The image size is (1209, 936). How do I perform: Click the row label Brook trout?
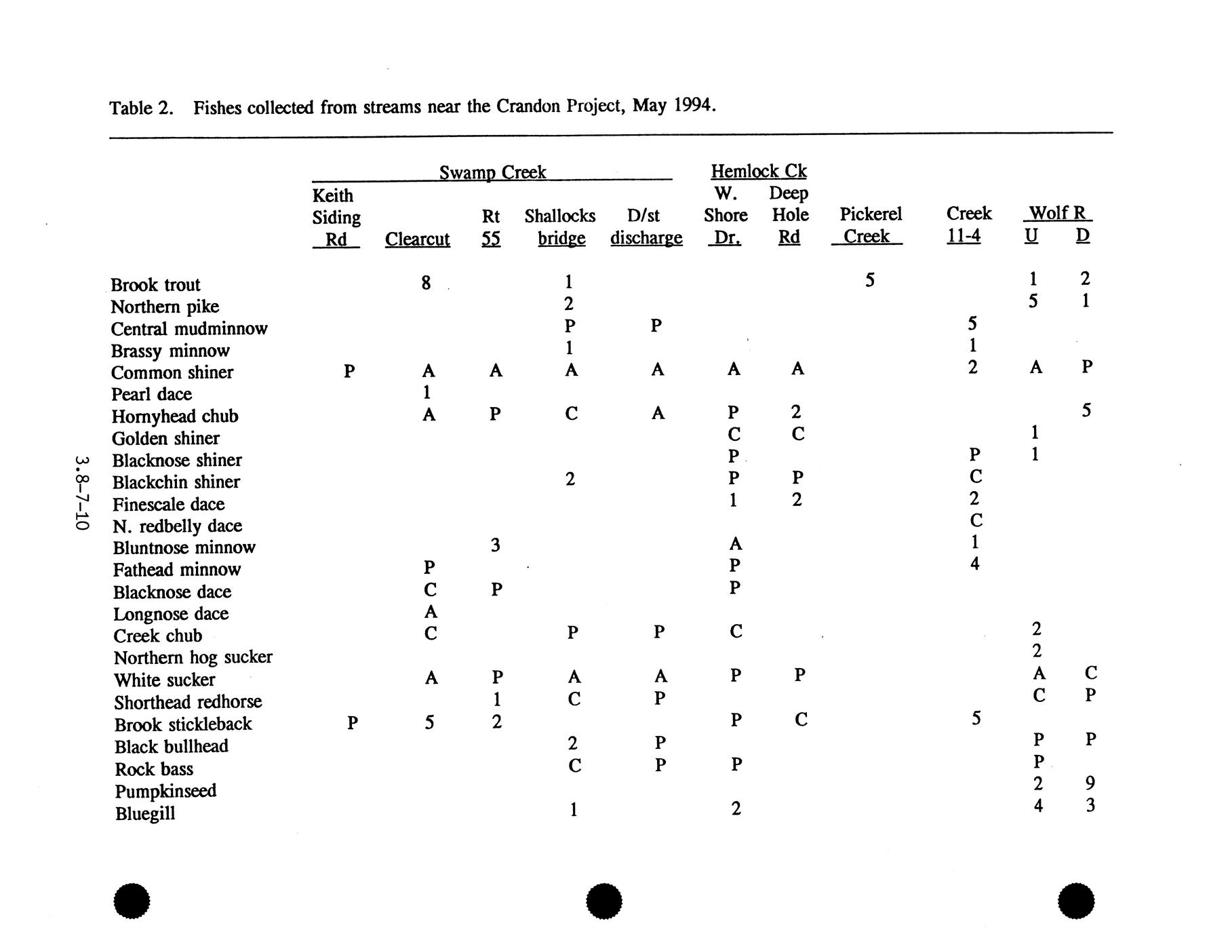click(x=155, y=285)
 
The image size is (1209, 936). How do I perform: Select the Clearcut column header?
click(x=417, y=239)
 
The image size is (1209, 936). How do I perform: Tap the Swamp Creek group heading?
click(x=492, y=172)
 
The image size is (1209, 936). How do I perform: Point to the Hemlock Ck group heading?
click(x=758, y=171)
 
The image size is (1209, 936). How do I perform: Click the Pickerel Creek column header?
click(x=870, y=226)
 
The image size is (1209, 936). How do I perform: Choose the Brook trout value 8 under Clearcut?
click(x=426, y=282)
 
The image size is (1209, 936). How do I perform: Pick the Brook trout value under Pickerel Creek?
click(x=870, y=280)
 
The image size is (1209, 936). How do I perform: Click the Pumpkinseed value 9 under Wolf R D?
click(x=1090, y=783)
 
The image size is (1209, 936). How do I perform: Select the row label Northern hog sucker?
click(x=193, y=658)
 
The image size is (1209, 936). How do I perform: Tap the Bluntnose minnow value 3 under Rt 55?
click(x=496, y=545)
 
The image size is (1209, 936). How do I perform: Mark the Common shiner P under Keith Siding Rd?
click(x=349, y=371)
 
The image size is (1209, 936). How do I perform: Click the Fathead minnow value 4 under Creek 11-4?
click(x=974, y=564)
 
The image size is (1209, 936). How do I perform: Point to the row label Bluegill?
click(x=145, y=814)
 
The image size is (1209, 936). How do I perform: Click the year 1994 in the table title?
click(x=694, y=106)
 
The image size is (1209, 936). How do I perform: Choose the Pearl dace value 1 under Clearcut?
click(x=427, y=392)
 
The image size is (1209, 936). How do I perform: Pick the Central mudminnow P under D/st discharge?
click(x=656, y=326)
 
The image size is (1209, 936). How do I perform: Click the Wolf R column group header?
click(x=1057, y=214)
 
